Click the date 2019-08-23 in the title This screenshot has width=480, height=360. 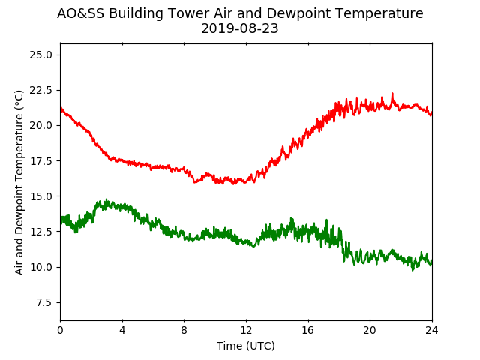pos(240,28)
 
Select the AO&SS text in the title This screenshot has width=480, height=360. pos(80,13)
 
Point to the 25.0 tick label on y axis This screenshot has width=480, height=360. pos(40,55)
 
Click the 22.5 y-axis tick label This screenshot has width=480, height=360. pos(40,90)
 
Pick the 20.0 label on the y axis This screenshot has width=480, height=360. pos(40,125)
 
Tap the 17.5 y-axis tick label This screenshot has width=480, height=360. pos(40,161)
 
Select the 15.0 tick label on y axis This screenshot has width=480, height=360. pos(40,196)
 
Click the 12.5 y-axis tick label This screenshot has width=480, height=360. pos(40,232)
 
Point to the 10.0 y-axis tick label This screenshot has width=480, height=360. pos(40,267)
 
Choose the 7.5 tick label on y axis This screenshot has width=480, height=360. pos(43,302)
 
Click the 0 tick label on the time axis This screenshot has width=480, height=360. pos(60,330)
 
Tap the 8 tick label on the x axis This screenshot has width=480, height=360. pos(184,330)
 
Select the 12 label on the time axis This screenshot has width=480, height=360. pos(246,330)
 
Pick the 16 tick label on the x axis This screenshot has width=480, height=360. pos(308,330)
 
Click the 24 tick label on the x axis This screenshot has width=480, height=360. pos(432,330)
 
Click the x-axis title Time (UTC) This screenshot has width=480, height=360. pos(246,346)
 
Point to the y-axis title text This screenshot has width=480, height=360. pos(19,182)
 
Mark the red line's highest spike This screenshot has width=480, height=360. pos(392,93)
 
